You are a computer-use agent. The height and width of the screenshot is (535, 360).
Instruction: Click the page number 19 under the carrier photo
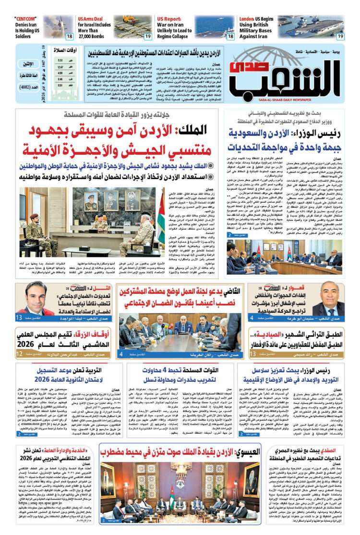340,36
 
